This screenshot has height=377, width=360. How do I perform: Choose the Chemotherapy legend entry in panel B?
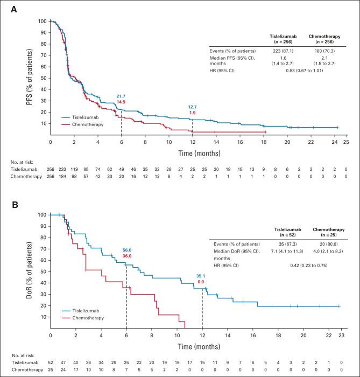click(x=89, y=318)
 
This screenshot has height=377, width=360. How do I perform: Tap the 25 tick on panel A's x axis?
click(x=346, y=142)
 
